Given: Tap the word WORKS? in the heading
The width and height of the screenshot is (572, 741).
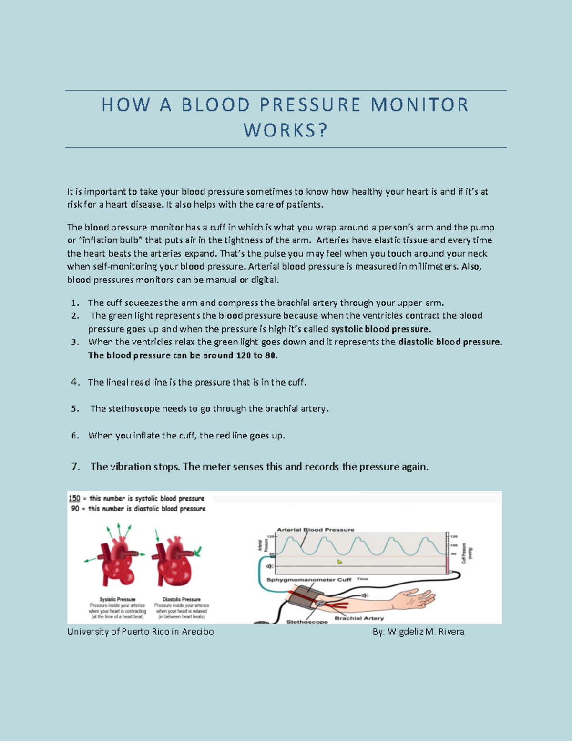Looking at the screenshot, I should [x=286, y=130].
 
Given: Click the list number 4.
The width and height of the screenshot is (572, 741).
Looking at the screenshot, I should [x=75, y=382].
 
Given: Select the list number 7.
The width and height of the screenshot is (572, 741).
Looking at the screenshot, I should [x=75, y=467].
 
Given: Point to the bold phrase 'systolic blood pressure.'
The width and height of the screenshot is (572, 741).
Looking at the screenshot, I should [x=381, y=329].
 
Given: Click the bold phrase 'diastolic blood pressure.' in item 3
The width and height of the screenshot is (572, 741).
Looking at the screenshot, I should [x=450, y=342].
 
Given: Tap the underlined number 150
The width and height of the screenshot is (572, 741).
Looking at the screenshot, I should [x=74, y=498].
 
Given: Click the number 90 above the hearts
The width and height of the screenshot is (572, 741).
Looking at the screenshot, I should [x=75, y=509].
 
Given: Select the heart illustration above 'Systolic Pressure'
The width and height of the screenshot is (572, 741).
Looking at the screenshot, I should [x=116, y=558].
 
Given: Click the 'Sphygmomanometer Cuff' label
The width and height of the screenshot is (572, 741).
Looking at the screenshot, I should [x=308, y=580].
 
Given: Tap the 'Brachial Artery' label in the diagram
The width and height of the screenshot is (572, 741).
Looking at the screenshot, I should [x=359, y=618].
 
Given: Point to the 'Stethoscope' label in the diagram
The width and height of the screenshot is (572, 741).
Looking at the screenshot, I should [x=307, y=622].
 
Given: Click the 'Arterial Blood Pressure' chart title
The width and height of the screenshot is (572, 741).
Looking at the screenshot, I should [x=316, y=529].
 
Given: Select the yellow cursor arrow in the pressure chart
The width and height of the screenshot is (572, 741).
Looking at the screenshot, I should [x=340, y=562].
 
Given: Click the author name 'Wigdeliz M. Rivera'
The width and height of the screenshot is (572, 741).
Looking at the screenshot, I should [x=426, y=632].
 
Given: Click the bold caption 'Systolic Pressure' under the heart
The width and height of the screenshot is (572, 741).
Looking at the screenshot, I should [x=117, y=599].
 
